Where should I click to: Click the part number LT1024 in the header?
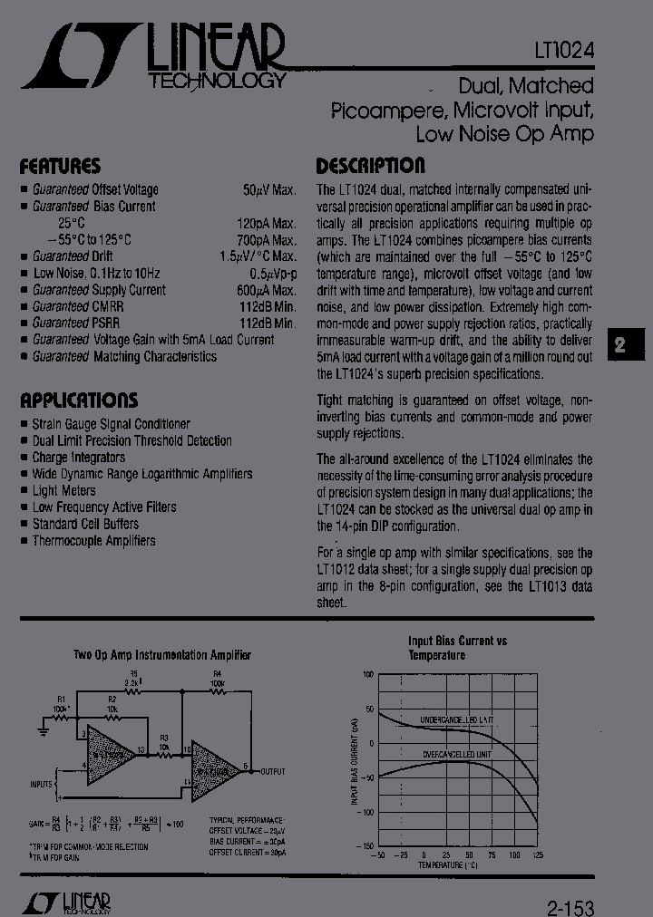563,52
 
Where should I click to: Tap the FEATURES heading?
60,167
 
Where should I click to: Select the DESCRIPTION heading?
370,166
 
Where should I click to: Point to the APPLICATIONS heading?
79,401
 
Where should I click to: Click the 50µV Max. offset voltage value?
269,190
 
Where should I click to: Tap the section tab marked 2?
620,344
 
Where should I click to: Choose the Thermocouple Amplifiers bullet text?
93,541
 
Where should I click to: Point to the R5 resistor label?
135,674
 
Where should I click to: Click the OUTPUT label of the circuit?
273,771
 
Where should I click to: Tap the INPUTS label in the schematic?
41,784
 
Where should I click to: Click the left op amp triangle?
109,752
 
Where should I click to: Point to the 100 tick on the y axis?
368,675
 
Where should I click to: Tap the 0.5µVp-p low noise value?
273,274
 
